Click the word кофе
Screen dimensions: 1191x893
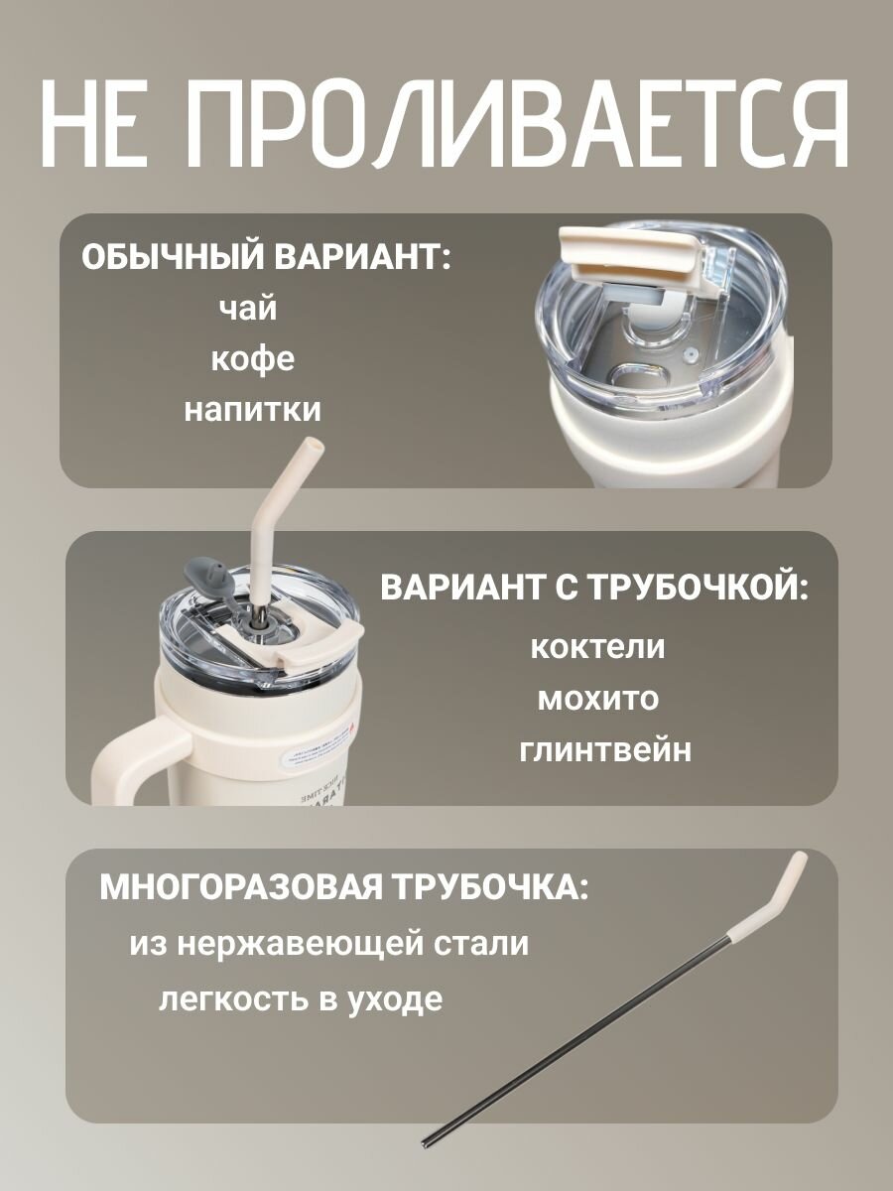tap(253, 358)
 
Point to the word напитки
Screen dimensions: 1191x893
tap(253, 409)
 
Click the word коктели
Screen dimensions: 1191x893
tap(597, 647)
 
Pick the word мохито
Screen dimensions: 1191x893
tap(597, 698)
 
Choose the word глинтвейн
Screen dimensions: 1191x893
tap(605, 749)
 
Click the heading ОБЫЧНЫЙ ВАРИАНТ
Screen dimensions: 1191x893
tap(265, 257)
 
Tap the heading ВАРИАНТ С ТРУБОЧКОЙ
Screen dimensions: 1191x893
tap(594, 587)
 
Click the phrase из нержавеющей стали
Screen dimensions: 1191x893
tap(328, 943)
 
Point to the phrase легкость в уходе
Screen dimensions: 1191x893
tap(301, 998)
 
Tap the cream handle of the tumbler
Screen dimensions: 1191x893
tap(124, 764)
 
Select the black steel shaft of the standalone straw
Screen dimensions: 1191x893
tap(595, 1042)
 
